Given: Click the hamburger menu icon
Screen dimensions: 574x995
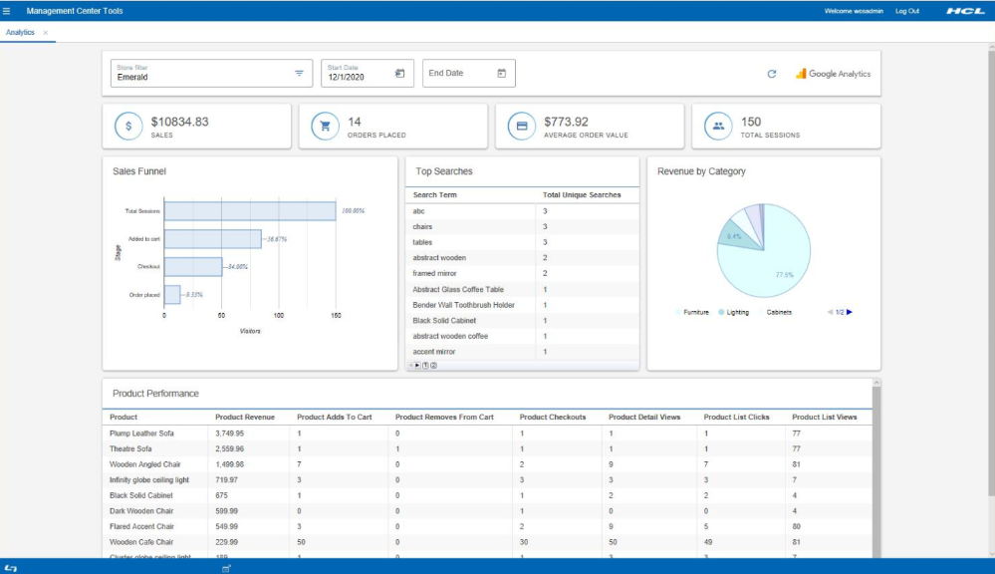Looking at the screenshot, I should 7,11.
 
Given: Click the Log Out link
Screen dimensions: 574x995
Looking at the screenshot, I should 907,11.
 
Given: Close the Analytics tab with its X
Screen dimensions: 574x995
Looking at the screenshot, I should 46,33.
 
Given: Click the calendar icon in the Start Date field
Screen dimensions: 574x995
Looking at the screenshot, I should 399,74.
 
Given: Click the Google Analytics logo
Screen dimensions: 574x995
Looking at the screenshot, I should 833,74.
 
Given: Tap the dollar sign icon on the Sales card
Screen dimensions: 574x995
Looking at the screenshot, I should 128,127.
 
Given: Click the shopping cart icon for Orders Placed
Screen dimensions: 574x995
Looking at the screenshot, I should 325,127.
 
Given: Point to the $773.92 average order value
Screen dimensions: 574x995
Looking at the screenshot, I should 566,122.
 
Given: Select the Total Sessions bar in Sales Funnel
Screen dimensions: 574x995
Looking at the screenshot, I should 249,211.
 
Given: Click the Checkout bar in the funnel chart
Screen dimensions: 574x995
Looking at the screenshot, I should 193,267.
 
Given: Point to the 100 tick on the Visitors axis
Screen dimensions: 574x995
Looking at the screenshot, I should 279,315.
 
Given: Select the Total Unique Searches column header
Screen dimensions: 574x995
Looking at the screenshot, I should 582,195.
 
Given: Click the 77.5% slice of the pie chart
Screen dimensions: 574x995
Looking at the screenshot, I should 777,264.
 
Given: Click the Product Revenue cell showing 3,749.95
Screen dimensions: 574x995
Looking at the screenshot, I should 229,433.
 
